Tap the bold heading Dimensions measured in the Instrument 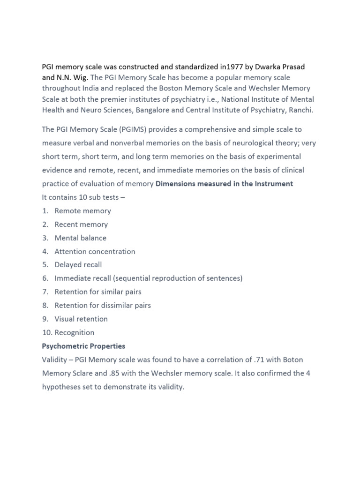click(225, 184)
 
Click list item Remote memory click(82, 211)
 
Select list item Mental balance click(80, 238)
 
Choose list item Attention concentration click(95, 252)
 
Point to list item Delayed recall click(78, 265)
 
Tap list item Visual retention click(81, 319)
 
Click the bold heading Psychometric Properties click(83, 346)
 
